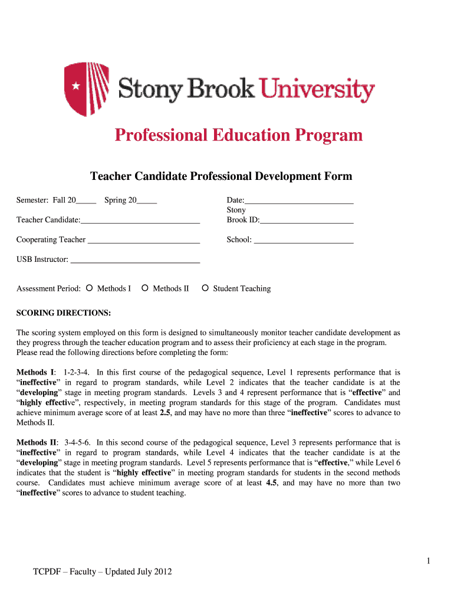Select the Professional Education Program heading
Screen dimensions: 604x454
click(x=238, y=136)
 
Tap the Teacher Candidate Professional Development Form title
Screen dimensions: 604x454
click(x=221, y=176)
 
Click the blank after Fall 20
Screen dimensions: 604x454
click(x=86, y=201)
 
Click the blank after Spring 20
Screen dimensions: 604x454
click(x=147, y=201)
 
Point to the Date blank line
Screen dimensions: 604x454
click(x=299, y=201)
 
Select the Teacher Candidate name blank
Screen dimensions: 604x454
click(x=140, y=221)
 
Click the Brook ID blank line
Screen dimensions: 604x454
click(x=307, y=221)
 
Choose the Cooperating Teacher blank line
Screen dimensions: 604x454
click(x=143, y=241)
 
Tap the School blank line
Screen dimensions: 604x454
click(x=304, y=241)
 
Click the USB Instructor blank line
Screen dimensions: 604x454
click(x=135, y=260)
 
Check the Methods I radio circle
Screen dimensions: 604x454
click(x=89, y=288)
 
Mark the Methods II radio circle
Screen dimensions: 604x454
click(x=145, y=288)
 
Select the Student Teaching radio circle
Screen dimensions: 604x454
click(x=205, y=288)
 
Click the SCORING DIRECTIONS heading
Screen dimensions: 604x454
click(x=64, y=312)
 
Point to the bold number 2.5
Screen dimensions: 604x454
click(x=166, y=413)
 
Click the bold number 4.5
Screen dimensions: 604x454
click(x=272, y=483)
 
